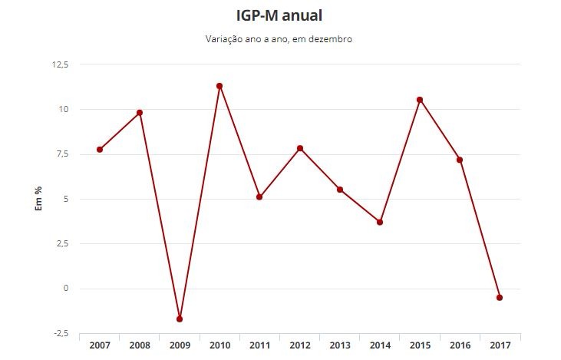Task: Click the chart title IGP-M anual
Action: click(279, 15)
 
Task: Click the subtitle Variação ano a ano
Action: click(279, 39)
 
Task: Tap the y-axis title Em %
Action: click(38, 200)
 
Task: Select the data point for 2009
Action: click(180, 319)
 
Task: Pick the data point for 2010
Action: click(219, 86)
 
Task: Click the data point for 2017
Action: click(500, 297)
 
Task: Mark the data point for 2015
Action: click(420, 100)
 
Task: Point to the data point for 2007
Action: click(100, 150)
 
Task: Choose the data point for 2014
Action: click(380, 223)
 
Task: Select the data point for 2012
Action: click(300, 148)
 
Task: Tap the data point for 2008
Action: click(140, 113)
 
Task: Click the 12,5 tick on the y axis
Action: click(60, 64)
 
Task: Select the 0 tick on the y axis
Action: click(65, 289)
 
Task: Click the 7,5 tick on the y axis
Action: click(61, 154)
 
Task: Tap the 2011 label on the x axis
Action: click(259, 346)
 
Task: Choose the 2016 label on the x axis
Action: click(460, 346)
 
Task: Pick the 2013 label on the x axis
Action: click(340, 346)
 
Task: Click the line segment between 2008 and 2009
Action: click(160, 216)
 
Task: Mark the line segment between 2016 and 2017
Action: click(480, 229)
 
